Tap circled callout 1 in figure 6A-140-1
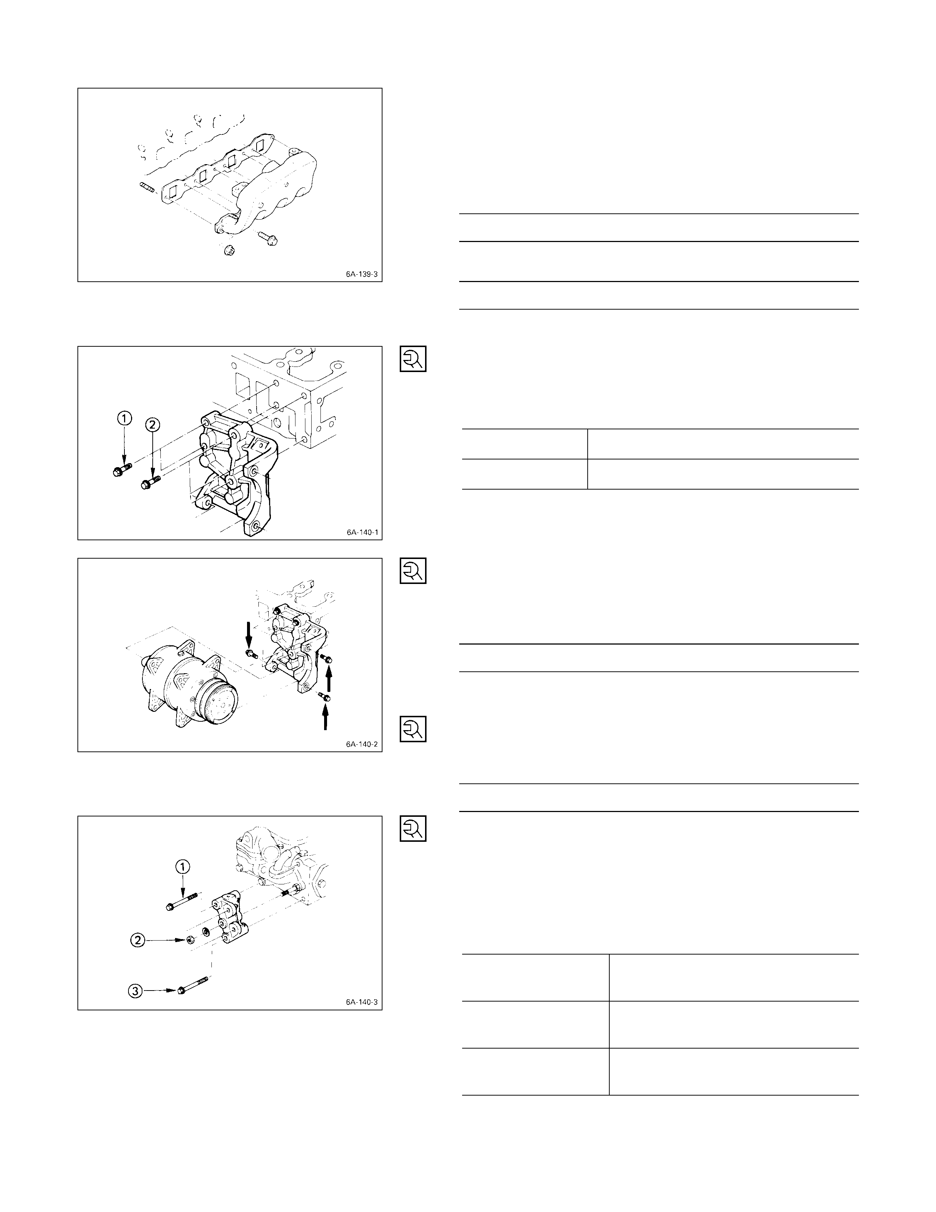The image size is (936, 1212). (x=125, y=418)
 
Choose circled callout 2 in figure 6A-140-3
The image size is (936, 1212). (x=138, y=940)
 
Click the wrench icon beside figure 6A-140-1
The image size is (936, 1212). (x=413, y=359)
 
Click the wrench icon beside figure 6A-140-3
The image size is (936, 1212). (x=413, y=829)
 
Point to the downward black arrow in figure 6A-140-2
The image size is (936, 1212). (x=248, y=635)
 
